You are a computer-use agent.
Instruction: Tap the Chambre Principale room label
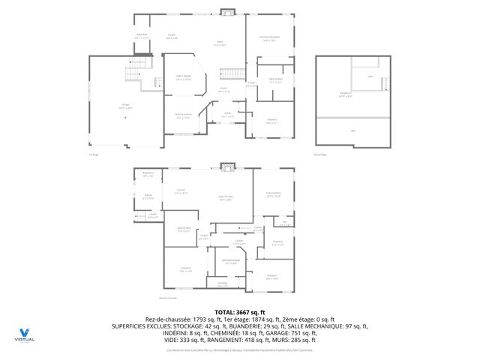pos(270,39)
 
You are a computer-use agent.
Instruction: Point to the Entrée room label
pos(227,116)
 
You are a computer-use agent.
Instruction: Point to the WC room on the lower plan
pos(285,223)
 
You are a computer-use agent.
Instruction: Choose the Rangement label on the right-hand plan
pos(346,94)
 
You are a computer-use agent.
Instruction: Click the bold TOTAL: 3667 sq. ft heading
pos(240,312)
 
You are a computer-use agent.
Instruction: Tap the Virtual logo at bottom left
pos(25,334)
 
